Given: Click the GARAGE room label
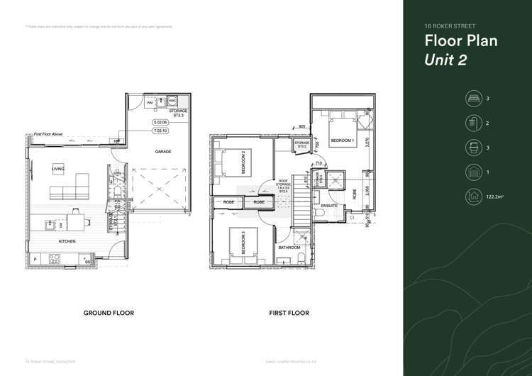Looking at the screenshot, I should coord(164,152).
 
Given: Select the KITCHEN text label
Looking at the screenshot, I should coord(67,242).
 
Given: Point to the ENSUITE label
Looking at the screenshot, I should coord(329,206).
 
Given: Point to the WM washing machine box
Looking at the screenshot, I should coord(150,103).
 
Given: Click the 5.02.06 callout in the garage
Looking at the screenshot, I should coord(160,123).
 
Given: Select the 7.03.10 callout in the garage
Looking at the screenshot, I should coord(160,131).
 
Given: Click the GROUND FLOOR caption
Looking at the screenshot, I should coord(109,313).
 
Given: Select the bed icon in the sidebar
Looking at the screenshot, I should coord(472,99).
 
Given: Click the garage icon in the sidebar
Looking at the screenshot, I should coord(472,172).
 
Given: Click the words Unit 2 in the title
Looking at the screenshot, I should coord(445,60).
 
